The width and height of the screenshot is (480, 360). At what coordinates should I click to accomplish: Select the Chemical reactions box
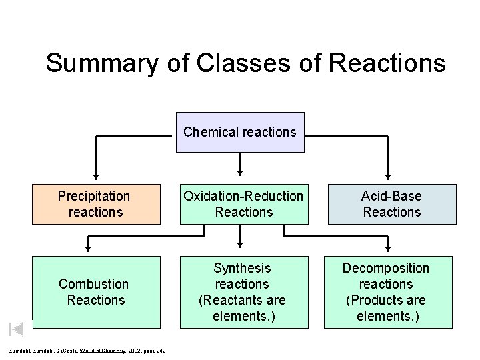[240, 132]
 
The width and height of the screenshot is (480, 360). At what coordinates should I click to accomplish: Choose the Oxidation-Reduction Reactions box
[243, 204]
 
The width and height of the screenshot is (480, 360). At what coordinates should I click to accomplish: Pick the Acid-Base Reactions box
[391, 204]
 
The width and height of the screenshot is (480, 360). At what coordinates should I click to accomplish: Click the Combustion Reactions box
[96, 292]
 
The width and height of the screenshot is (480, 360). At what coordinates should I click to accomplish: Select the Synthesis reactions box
[243, 292]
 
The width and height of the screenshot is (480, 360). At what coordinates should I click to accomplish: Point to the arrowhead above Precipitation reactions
[96, 177]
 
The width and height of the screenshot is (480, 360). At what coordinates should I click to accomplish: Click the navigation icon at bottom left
[17, 328]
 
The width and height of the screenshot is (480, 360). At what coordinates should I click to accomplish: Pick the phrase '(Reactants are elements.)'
[243, 308]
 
